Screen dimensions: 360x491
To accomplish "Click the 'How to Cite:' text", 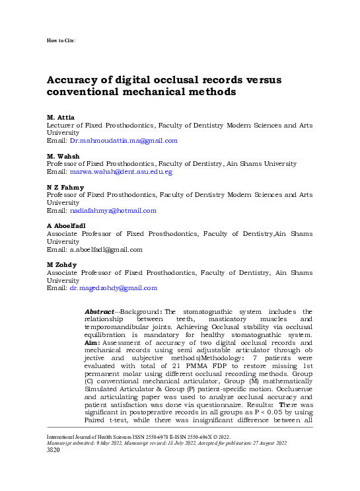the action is pyautogui.click(x=61, y=41).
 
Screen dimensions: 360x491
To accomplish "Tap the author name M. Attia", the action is pyautogui.click(x=60, y=118).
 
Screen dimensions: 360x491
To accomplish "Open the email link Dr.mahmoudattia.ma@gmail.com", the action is pyautogui.click(x=124, y=140).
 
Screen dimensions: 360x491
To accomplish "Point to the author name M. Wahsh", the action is pyautogui.click(x=63, y=156).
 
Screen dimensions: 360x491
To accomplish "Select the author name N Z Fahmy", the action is pyautogui.click(x=65, y=187).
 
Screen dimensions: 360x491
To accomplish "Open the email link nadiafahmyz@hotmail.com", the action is pyautogui.click(x=113, y=210).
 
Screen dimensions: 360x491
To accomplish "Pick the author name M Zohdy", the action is pyautogui.click(x=63, y=265).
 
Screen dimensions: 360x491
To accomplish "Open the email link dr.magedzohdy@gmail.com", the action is pyautogui.click(x=114, y=288).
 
